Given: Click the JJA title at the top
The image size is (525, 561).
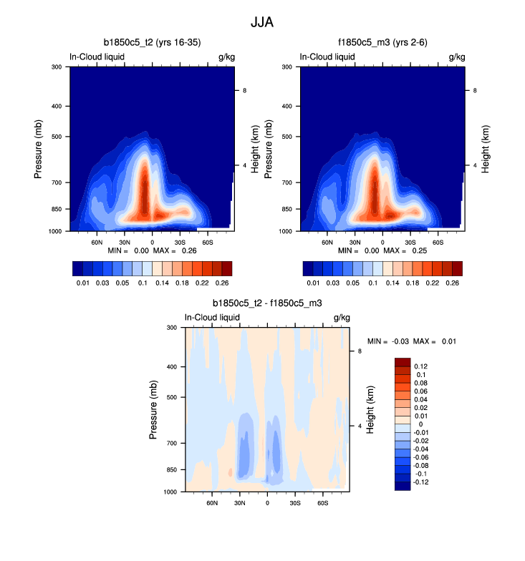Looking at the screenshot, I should pos(262,22).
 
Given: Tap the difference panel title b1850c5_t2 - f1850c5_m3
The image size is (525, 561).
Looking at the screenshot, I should pos(267,303).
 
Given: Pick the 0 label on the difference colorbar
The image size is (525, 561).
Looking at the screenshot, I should pos(421,424).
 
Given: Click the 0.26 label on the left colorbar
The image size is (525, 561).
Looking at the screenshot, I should pos(224,283).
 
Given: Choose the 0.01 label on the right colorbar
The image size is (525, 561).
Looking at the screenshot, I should pos(312,283).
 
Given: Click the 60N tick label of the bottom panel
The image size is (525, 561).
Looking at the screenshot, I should pos(212,503).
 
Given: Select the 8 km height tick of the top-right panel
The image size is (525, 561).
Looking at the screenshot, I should pos(475,91).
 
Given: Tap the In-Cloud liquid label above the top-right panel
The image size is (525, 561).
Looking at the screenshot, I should pos(327,57).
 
